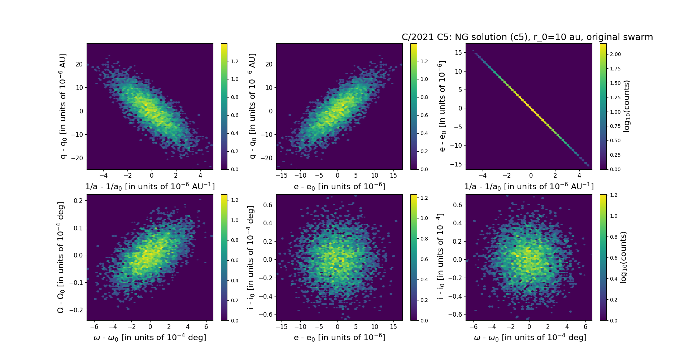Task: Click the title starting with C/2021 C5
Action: (x=527, y=37)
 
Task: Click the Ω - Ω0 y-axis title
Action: (x=61, y=257)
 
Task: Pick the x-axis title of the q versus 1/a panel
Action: (x=150, y=186)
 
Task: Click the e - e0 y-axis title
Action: (x=442, y=106)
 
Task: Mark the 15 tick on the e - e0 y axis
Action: (x=458, y=53)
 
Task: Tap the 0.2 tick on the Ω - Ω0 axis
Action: (x=78, y=200)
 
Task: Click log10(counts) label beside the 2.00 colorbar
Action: (x=627, y=106)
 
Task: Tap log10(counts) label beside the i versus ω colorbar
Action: (x=623, y=257)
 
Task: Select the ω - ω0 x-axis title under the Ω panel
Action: (x=150, y=338)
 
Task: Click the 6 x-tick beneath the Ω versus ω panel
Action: (x=206, y=327)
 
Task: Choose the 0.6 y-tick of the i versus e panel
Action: (x=267, y=205)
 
